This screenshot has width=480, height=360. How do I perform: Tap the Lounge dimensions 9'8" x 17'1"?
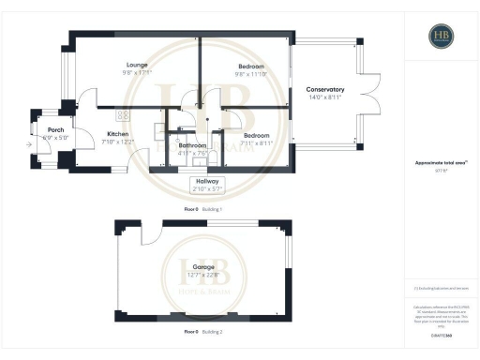point(135,73)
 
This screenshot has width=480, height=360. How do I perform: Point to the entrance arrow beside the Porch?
point(31,143)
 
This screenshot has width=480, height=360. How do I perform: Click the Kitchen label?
point(117,134)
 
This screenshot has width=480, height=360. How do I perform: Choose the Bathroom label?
point(192,146)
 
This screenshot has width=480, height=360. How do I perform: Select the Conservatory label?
point(325,90)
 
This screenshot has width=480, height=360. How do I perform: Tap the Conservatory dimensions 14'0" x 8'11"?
point(325,97)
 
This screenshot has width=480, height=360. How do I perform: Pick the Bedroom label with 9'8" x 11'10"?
point(250,66)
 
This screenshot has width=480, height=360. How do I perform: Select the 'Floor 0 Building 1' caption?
point(202,209)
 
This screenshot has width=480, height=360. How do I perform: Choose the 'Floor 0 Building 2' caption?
point(202,331)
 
